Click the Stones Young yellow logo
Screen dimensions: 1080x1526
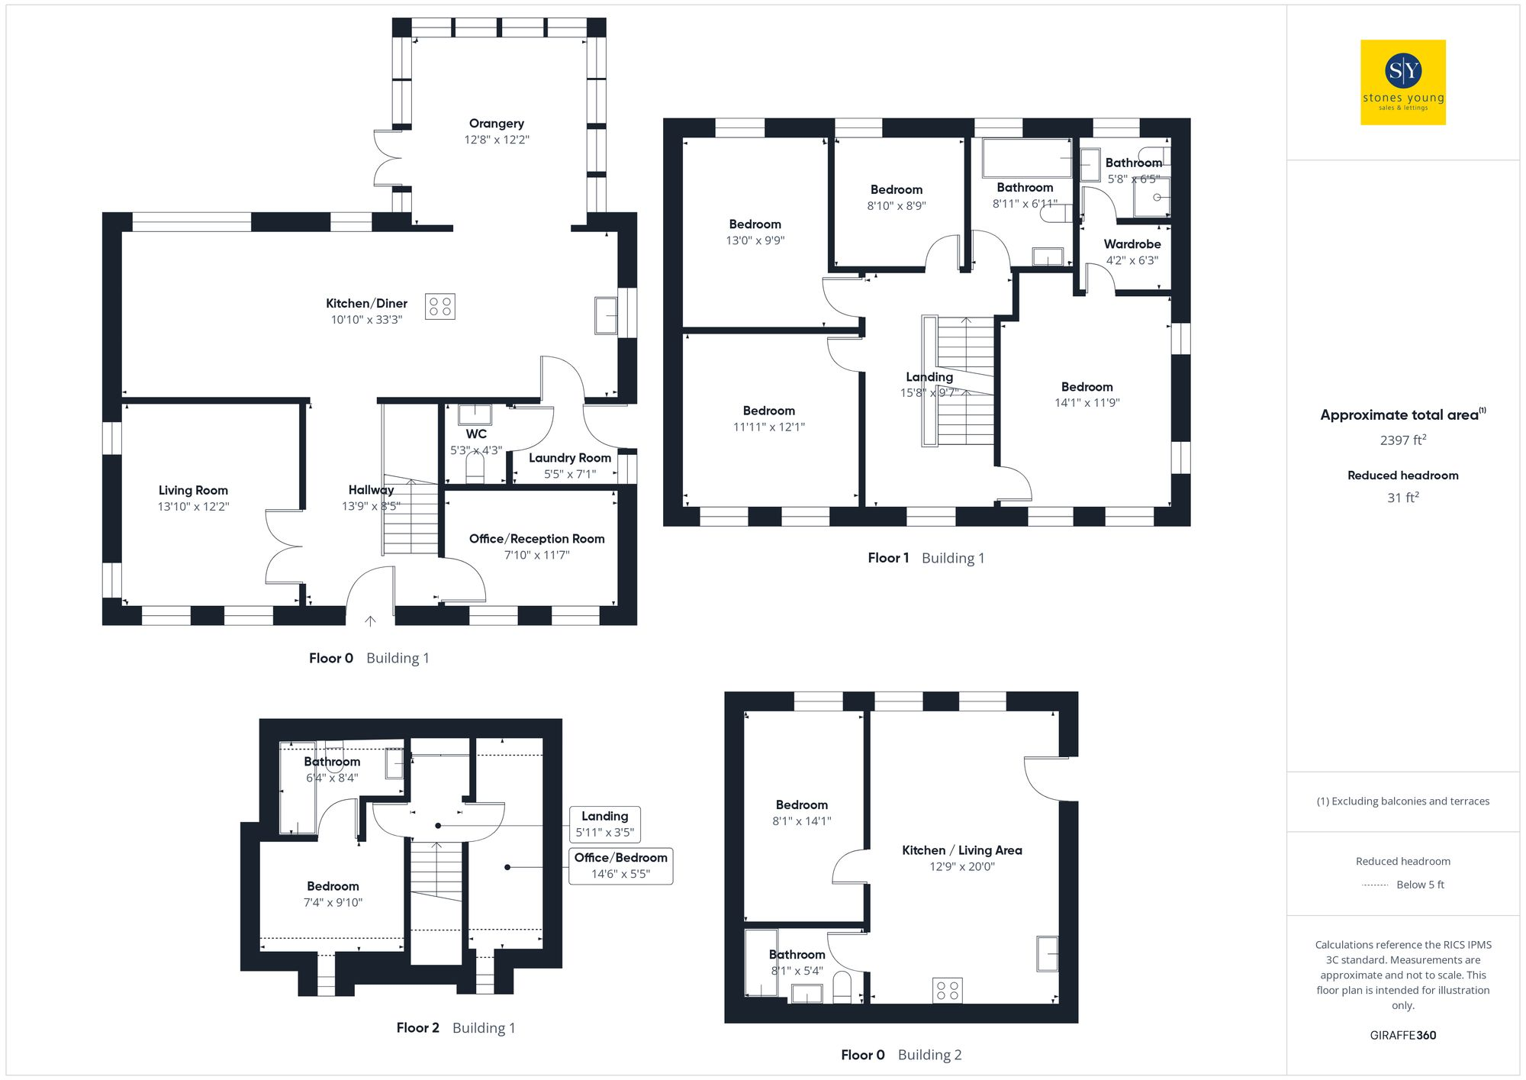(x=1402, y=82)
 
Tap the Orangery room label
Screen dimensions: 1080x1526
(x=496, y=124)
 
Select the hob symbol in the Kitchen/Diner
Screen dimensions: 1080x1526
(x=439, y=307)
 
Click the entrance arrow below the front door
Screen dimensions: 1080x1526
(x=370, y=621)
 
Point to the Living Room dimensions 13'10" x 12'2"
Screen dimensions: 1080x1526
(x=193, y=507)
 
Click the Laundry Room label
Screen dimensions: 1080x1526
(x=569, y=458)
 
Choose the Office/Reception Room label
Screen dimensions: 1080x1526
(x=536, y=539)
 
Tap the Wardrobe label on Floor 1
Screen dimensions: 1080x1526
(x=1132, y=244)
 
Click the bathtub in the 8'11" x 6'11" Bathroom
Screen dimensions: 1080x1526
(x=1026, y=158)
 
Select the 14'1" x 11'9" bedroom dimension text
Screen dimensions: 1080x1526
(x=1087, y=403)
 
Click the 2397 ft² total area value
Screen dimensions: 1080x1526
(x=1402, y=440)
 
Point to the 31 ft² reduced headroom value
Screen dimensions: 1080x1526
(x=1402, y=498)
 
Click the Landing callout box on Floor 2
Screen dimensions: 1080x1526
(x=604, y=824)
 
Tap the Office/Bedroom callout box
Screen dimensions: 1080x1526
(x=620, y=866)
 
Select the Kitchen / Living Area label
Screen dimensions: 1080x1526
(x=961, y=850)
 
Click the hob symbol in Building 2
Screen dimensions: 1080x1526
(x=947, y=991)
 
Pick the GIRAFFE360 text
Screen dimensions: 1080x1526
(x=1402, y=1036)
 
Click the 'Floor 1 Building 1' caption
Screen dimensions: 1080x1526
(x=926, y=558)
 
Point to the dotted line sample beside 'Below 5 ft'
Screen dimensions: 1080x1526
(x=1375, y=885)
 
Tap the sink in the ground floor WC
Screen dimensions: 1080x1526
(x=474, y=414)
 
